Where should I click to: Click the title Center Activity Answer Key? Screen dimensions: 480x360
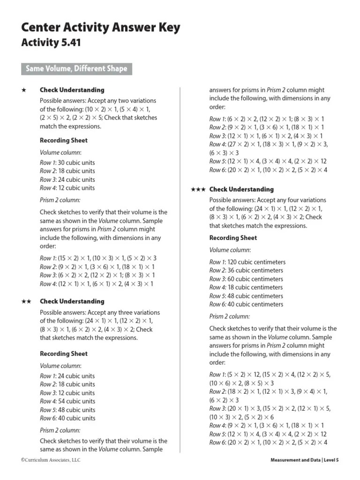pyautogui.click(x=100, y=28)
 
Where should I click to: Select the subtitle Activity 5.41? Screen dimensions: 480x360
pyautogui.click(x=51, y=43)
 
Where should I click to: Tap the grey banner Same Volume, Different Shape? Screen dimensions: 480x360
pyautogui.click(x=76, y=69)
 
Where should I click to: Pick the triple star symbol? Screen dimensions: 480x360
pyautogui.click(x=198, y=189)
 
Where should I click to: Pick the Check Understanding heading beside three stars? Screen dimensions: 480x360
pyautogui.click(x=241, y=189)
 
